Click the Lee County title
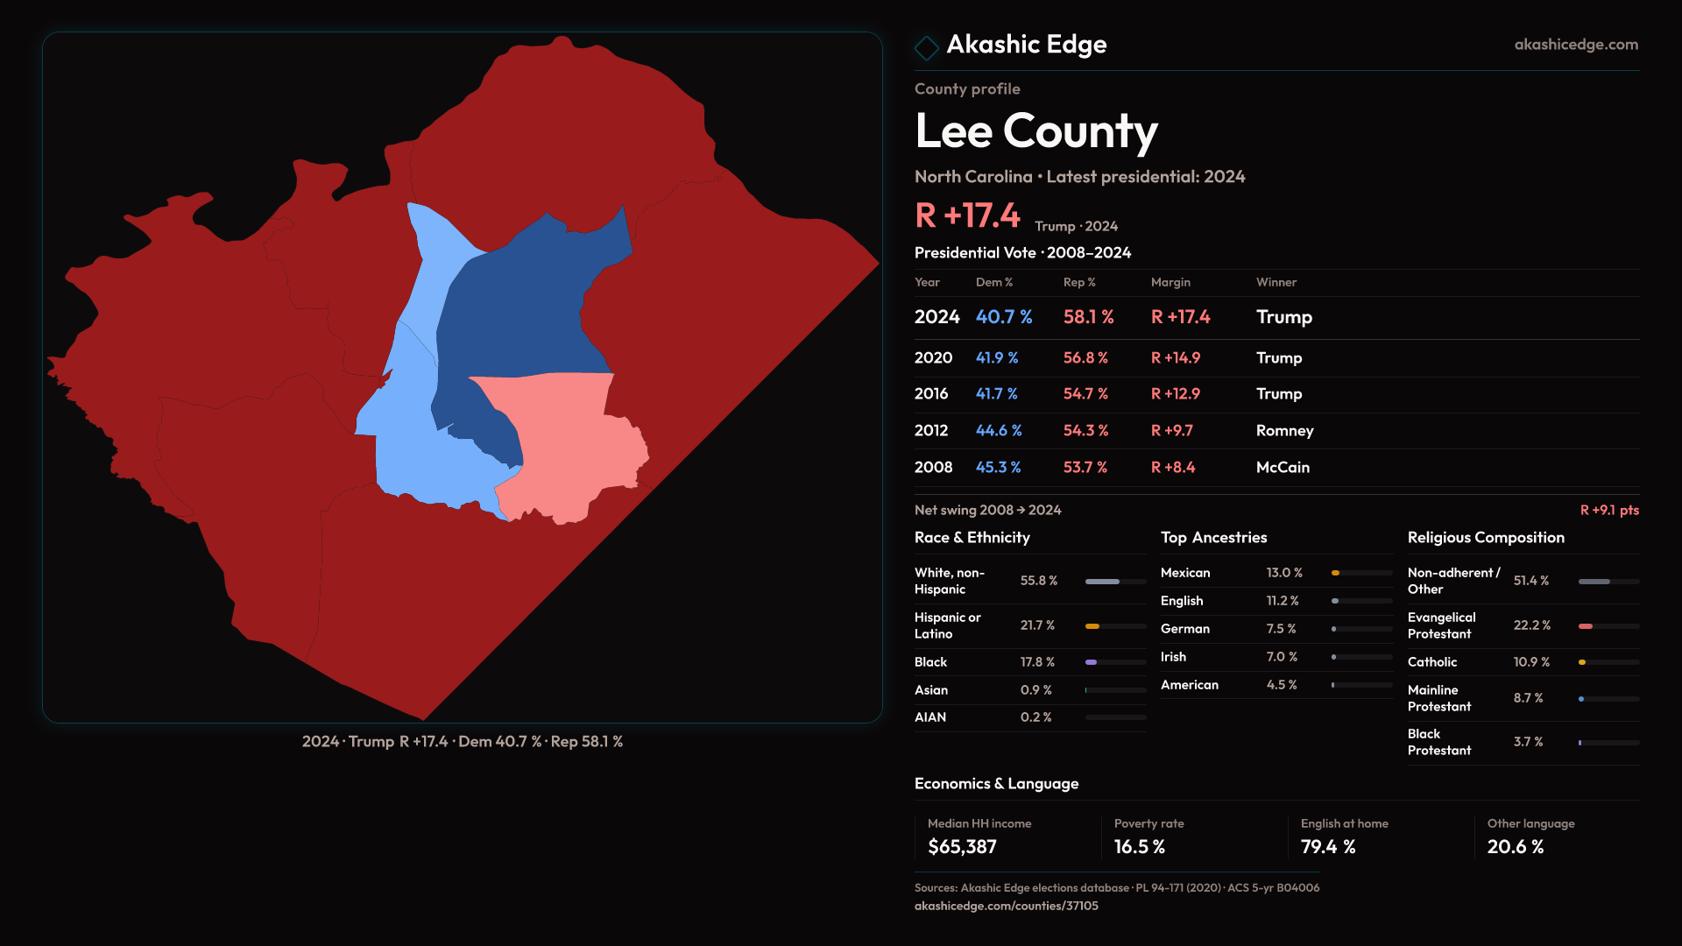(1035, 131)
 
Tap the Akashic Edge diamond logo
(926, 47)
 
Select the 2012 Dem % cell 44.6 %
(999, 431)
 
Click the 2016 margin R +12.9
(1175, 394)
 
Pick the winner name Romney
(1284, 431)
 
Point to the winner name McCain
(1283, 468)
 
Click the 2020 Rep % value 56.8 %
(1085, 358)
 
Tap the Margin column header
(1170, 282)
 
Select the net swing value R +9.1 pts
(1609, 510)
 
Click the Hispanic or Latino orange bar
(1092, 626)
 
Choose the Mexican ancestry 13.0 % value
(1284, 573)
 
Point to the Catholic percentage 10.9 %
(1531, 662)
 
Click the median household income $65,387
(962, 847)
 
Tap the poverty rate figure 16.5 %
(1140, 847)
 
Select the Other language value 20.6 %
(1516, 847)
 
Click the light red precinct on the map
(569, 447)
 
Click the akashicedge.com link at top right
(1576, 45)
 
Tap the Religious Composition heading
(1486, 538)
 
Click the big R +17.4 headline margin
(967, 215)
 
